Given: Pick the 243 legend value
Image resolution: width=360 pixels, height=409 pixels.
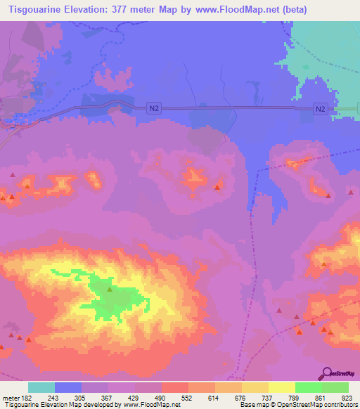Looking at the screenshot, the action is click(x=53, y=396).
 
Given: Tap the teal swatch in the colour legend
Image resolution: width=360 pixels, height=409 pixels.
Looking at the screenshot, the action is click(x=41, y=387).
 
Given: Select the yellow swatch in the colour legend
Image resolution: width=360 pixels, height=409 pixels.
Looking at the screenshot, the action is click(x=255, y=387).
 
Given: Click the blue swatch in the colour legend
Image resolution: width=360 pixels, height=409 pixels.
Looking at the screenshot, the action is click(x=68, y=387).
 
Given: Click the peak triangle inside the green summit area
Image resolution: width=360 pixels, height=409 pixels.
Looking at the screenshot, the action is click(x=110, y=288).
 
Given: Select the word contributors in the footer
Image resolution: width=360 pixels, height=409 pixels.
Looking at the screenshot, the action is click(x=341, y=405).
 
